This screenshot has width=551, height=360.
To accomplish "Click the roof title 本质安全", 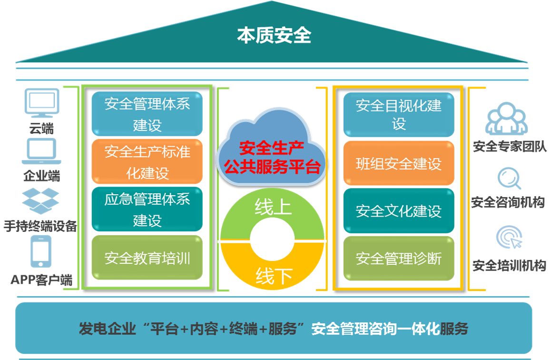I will (x=274, y=36).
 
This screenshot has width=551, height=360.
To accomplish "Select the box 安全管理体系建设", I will (x=147, y=114).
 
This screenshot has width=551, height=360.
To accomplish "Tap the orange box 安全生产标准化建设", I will (x=147, y=162).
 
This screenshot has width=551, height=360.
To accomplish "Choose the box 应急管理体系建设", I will (x=147, y=210).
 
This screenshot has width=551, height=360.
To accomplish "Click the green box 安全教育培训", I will (x=147, y=258).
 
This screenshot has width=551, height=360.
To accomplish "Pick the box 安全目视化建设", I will (x=399, y=114).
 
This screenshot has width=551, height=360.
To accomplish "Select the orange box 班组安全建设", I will (x=399, y=163).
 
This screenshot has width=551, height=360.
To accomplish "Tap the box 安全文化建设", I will (x=399, y=211).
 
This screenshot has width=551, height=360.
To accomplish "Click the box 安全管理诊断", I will (x=399, y=258).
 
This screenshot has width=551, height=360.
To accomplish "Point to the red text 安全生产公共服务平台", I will (x=272, y=157).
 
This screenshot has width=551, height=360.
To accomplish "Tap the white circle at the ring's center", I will (x=272, y=241).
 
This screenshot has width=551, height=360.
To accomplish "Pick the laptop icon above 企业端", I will (x=42, y=151).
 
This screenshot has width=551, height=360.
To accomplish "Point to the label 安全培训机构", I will (x=509, y=265).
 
